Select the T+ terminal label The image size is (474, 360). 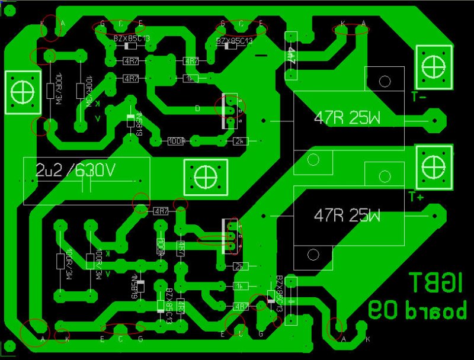[416, 196]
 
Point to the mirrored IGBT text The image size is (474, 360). [437, 284]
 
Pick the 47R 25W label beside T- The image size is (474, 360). [347, 118]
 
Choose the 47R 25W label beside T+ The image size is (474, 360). [347, 215]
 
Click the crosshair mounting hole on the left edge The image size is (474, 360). [23, 92]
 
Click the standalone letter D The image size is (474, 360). [198, 108]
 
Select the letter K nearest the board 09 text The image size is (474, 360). [369, 339]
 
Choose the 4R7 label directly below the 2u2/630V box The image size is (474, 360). [161, 211]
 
